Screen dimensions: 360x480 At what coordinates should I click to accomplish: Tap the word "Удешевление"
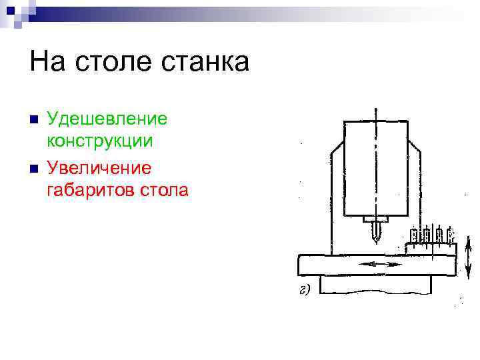[107, 120]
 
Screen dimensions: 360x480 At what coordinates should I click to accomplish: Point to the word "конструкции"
[100, 141]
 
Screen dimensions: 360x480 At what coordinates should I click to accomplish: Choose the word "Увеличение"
[99, 167]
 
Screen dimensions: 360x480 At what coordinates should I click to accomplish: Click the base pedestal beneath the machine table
[375, 285]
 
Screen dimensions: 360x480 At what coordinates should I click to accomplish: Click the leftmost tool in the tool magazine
[415, 234]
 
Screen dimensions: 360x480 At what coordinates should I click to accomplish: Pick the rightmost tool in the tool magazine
[451, 234]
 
